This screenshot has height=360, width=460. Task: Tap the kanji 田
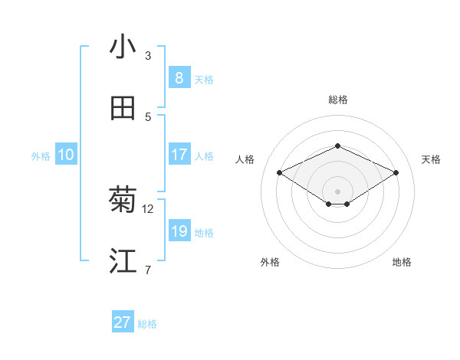[123, 108]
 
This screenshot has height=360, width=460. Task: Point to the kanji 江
[123, 261]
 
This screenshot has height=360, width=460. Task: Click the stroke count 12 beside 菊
[148, 208]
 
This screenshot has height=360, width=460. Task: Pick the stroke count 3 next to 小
[148, 55]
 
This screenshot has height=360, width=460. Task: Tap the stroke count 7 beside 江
[148, 270]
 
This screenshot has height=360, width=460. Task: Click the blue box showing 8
[179, 77]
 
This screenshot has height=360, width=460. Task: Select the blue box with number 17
[179, 155]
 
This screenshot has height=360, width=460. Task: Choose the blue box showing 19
[179, 231]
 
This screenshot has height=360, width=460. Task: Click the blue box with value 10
[66, 155]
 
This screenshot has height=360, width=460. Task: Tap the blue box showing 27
[123, 322]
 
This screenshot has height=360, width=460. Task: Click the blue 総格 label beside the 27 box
[147, 324]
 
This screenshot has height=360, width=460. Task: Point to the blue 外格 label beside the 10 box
[41, 156]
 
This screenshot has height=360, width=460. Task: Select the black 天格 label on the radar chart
[431, 159]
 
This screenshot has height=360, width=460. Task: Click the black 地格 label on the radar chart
[402, 262]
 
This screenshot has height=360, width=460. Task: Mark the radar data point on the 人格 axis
[279, 173]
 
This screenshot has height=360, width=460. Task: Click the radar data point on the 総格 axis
[337, 146]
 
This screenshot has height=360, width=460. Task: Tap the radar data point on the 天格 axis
[396, 173]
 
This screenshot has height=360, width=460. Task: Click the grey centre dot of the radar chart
[337, 191]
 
